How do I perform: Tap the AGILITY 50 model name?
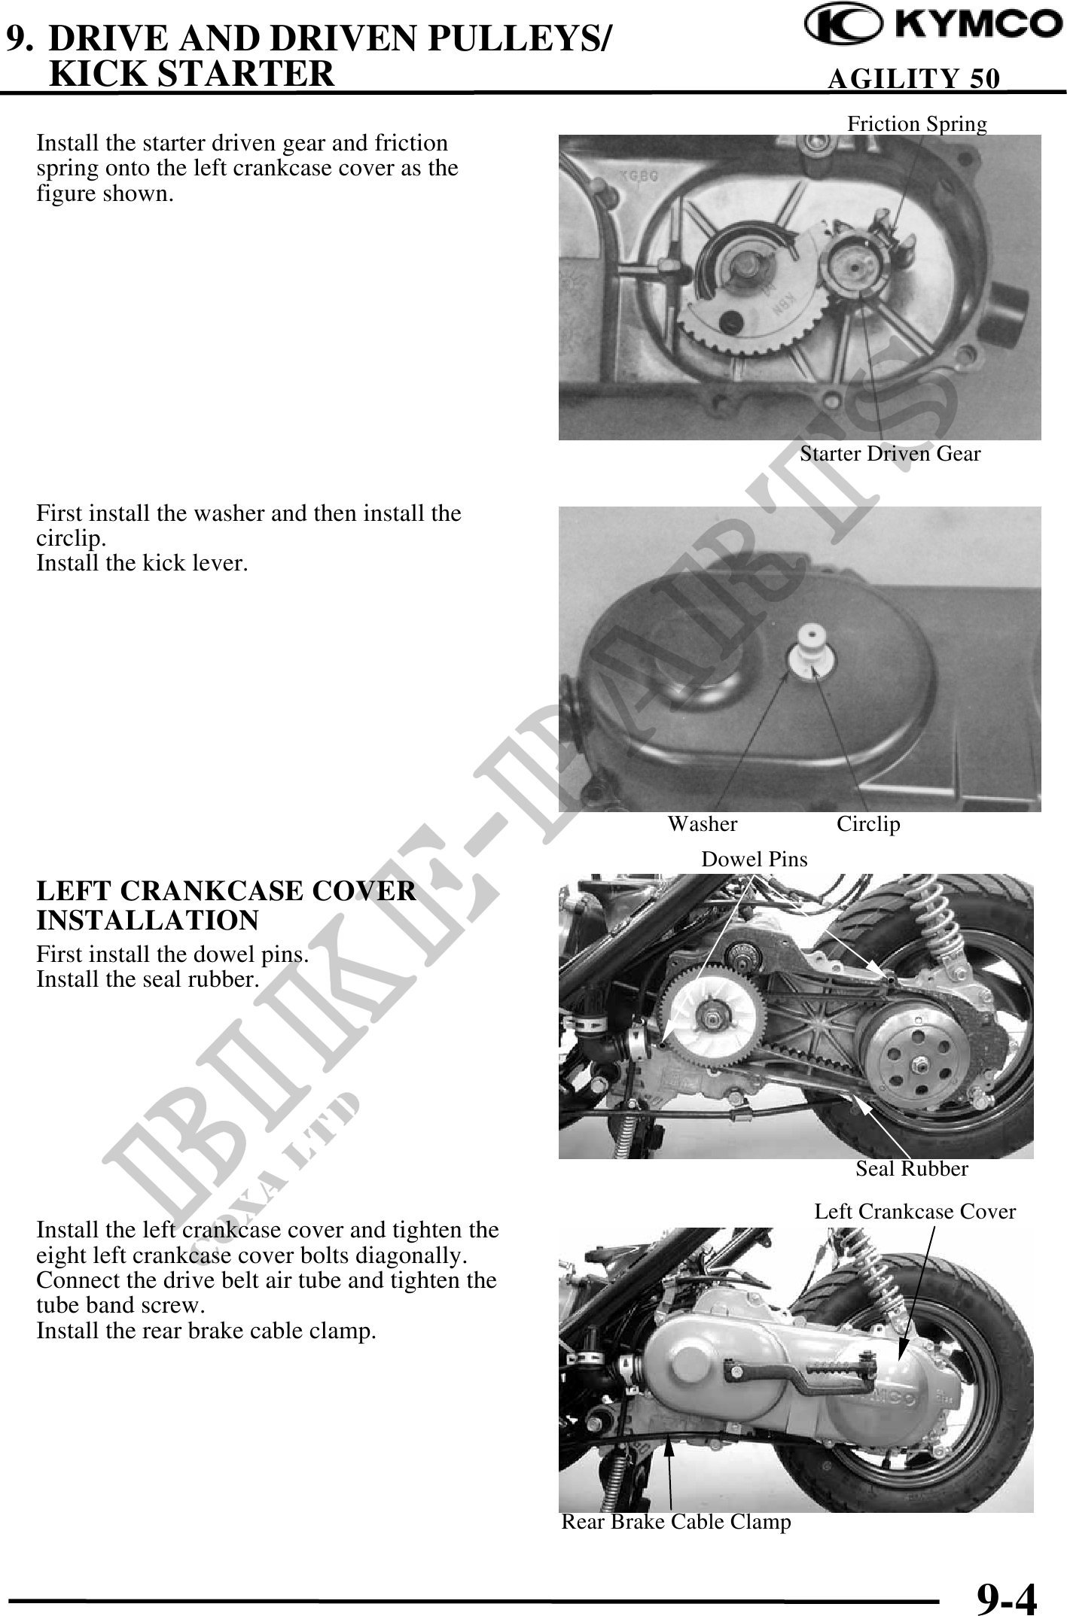[x=913, y=78]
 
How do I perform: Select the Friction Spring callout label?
[x=917, y=123]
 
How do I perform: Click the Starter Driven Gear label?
[x=890, y=454]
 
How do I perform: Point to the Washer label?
[x=703, y=824]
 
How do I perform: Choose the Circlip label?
[x=868, y=825]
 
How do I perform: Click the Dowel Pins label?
[x=754, y=859]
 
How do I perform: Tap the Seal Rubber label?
[x=912, y=1168]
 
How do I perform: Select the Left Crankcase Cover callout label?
[x=915, y=1211]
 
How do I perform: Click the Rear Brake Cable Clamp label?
[x=676, y=1522]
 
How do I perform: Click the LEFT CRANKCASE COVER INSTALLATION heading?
[x=226, y=905]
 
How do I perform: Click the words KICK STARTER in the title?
[x=191, y=73]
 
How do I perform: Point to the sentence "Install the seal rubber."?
[x=148, y=979]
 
